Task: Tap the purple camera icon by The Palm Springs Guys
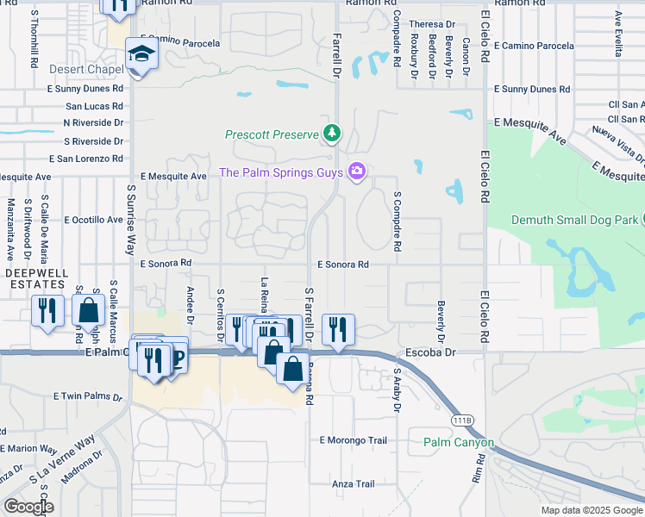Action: (355, 172)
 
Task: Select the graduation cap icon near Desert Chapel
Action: (138, 55)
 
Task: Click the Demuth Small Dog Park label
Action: (576, 220)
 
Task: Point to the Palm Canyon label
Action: (459, 443)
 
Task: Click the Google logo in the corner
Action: (28, 506)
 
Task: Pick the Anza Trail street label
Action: (354, 484)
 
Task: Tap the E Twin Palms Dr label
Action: (91, 396)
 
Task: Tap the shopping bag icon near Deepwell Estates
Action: (89, 311)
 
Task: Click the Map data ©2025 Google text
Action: (591, 510)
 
